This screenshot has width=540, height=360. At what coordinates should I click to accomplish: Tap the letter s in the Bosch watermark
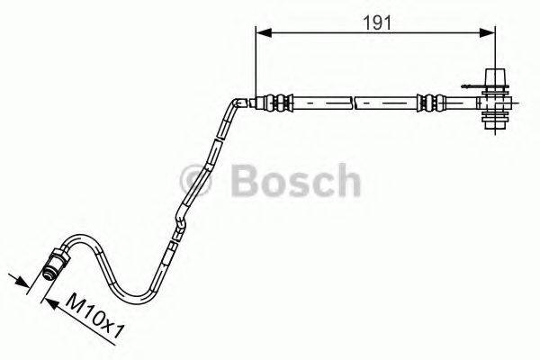[296, 183]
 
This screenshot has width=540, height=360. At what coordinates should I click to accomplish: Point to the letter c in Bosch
[319, 183]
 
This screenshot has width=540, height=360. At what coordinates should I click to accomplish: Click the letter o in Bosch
[272, 183]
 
